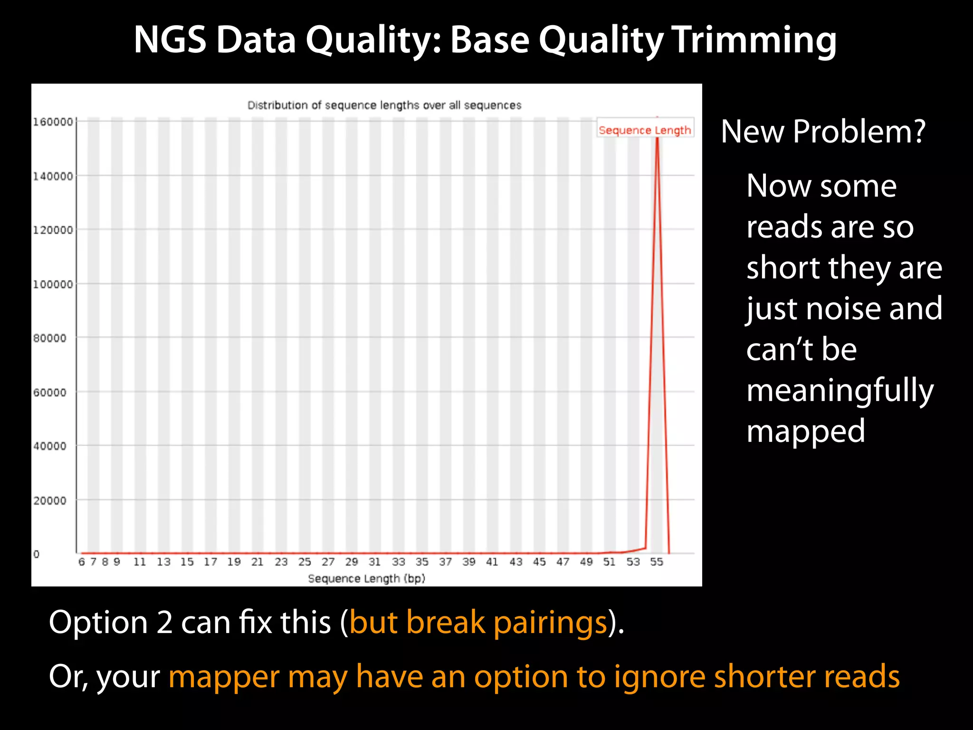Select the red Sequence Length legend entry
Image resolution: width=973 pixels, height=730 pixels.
[x=645, y=130]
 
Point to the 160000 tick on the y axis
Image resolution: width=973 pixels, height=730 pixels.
[x=53, y=122]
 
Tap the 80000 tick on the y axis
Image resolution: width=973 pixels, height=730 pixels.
[x=50, y=338]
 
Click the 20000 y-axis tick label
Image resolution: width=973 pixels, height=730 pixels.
[x=50, y=500]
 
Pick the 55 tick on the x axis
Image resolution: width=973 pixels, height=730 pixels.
[x=657, y=562]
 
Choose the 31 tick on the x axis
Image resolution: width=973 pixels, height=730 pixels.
[x=375, y=562]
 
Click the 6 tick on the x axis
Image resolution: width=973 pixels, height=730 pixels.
[x=81, y=562]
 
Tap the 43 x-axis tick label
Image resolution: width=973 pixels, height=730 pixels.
[x=515, y=562]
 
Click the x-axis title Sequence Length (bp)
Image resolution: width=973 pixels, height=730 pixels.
[x=366, y=579]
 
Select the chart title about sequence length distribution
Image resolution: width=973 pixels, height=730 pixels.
[x=384, y=105]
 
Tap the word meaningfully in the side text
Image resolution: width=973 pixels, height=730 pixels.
[x=840, y=391]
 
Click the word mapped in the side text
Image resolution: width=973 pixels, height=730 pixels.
[x=806, y=432]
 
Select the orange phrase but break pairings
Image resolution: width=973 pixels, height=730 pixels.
[x=478, y=622]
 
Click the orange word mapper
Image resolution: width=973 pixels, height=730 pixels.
[x=224, y=677]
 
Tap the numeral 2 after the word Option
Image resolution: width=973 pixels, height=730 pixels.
[x=164, y=622]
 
